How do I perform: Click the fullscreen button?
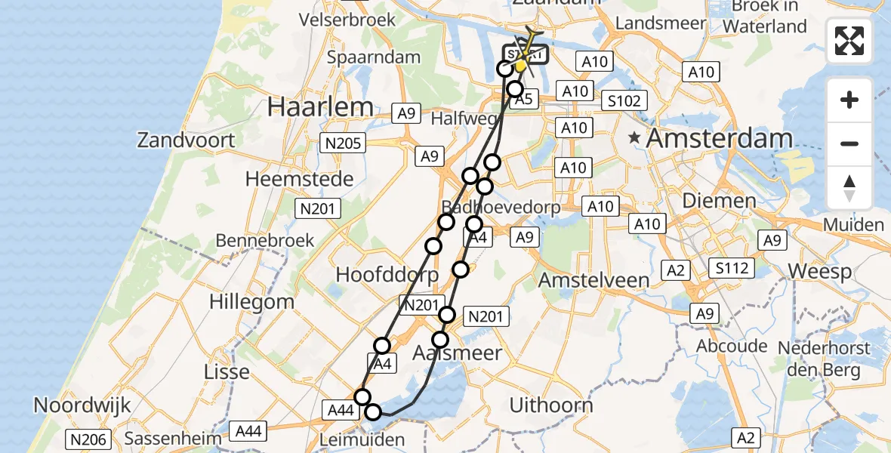coord(849,41)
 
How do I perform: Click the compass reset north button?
coord(849,188)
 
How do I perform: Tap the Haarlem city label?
coord(320,106)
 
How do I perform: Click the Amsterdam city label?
coord(720,138)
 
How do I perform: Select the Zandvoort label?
coord(186,140)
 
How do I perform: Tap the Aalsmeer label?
coord(458,352)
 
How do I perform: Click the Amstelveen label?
coord(593,280)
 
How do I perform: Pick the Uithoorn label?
coord(551,405)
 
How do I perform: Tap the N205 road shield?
coord(343,143)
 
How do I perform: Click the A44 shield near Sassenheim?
coord(248,431)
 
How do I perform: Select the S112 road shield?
coord(732,267)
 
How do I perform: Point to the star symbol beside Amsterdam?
coord(635,138)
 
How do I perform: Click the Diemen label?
coord(719,201)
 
